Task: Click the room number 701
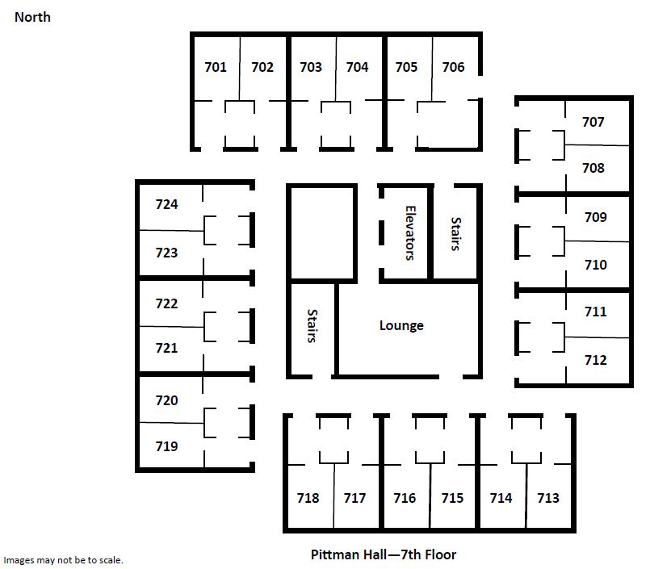216,67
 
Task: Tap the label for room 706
453,67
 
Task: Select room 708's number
593,168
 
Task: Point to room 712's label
596,360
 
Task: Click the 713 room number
548,498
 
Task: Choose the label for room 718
308,498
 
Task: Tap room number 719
166,446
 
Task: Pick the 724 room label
166,204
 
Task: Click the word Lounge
401,326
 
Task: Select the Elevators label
410,233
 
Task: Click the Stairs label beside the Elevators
456,234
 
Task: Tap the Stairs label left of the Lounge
312,326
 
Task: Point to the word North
32,18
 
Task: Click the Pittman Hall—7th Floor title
384,554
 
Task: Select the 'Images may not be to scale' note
64,560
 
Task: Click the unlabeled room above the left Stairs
321,233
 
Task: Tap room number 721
166,348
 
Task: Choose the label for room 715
452,498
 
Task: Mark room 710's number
596,265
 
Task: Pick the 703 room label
311,67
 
